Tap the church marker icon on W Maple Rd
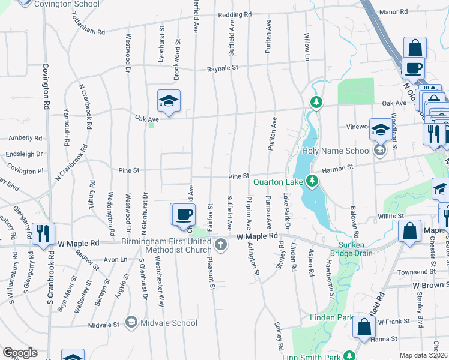coord(221,244)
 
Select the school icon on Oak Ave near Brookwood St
coord(169,101)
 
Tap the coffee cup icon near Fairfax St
coord(185,214)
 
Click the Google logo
coord(20,353)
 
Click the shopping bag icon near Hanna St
coord(364,328)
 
